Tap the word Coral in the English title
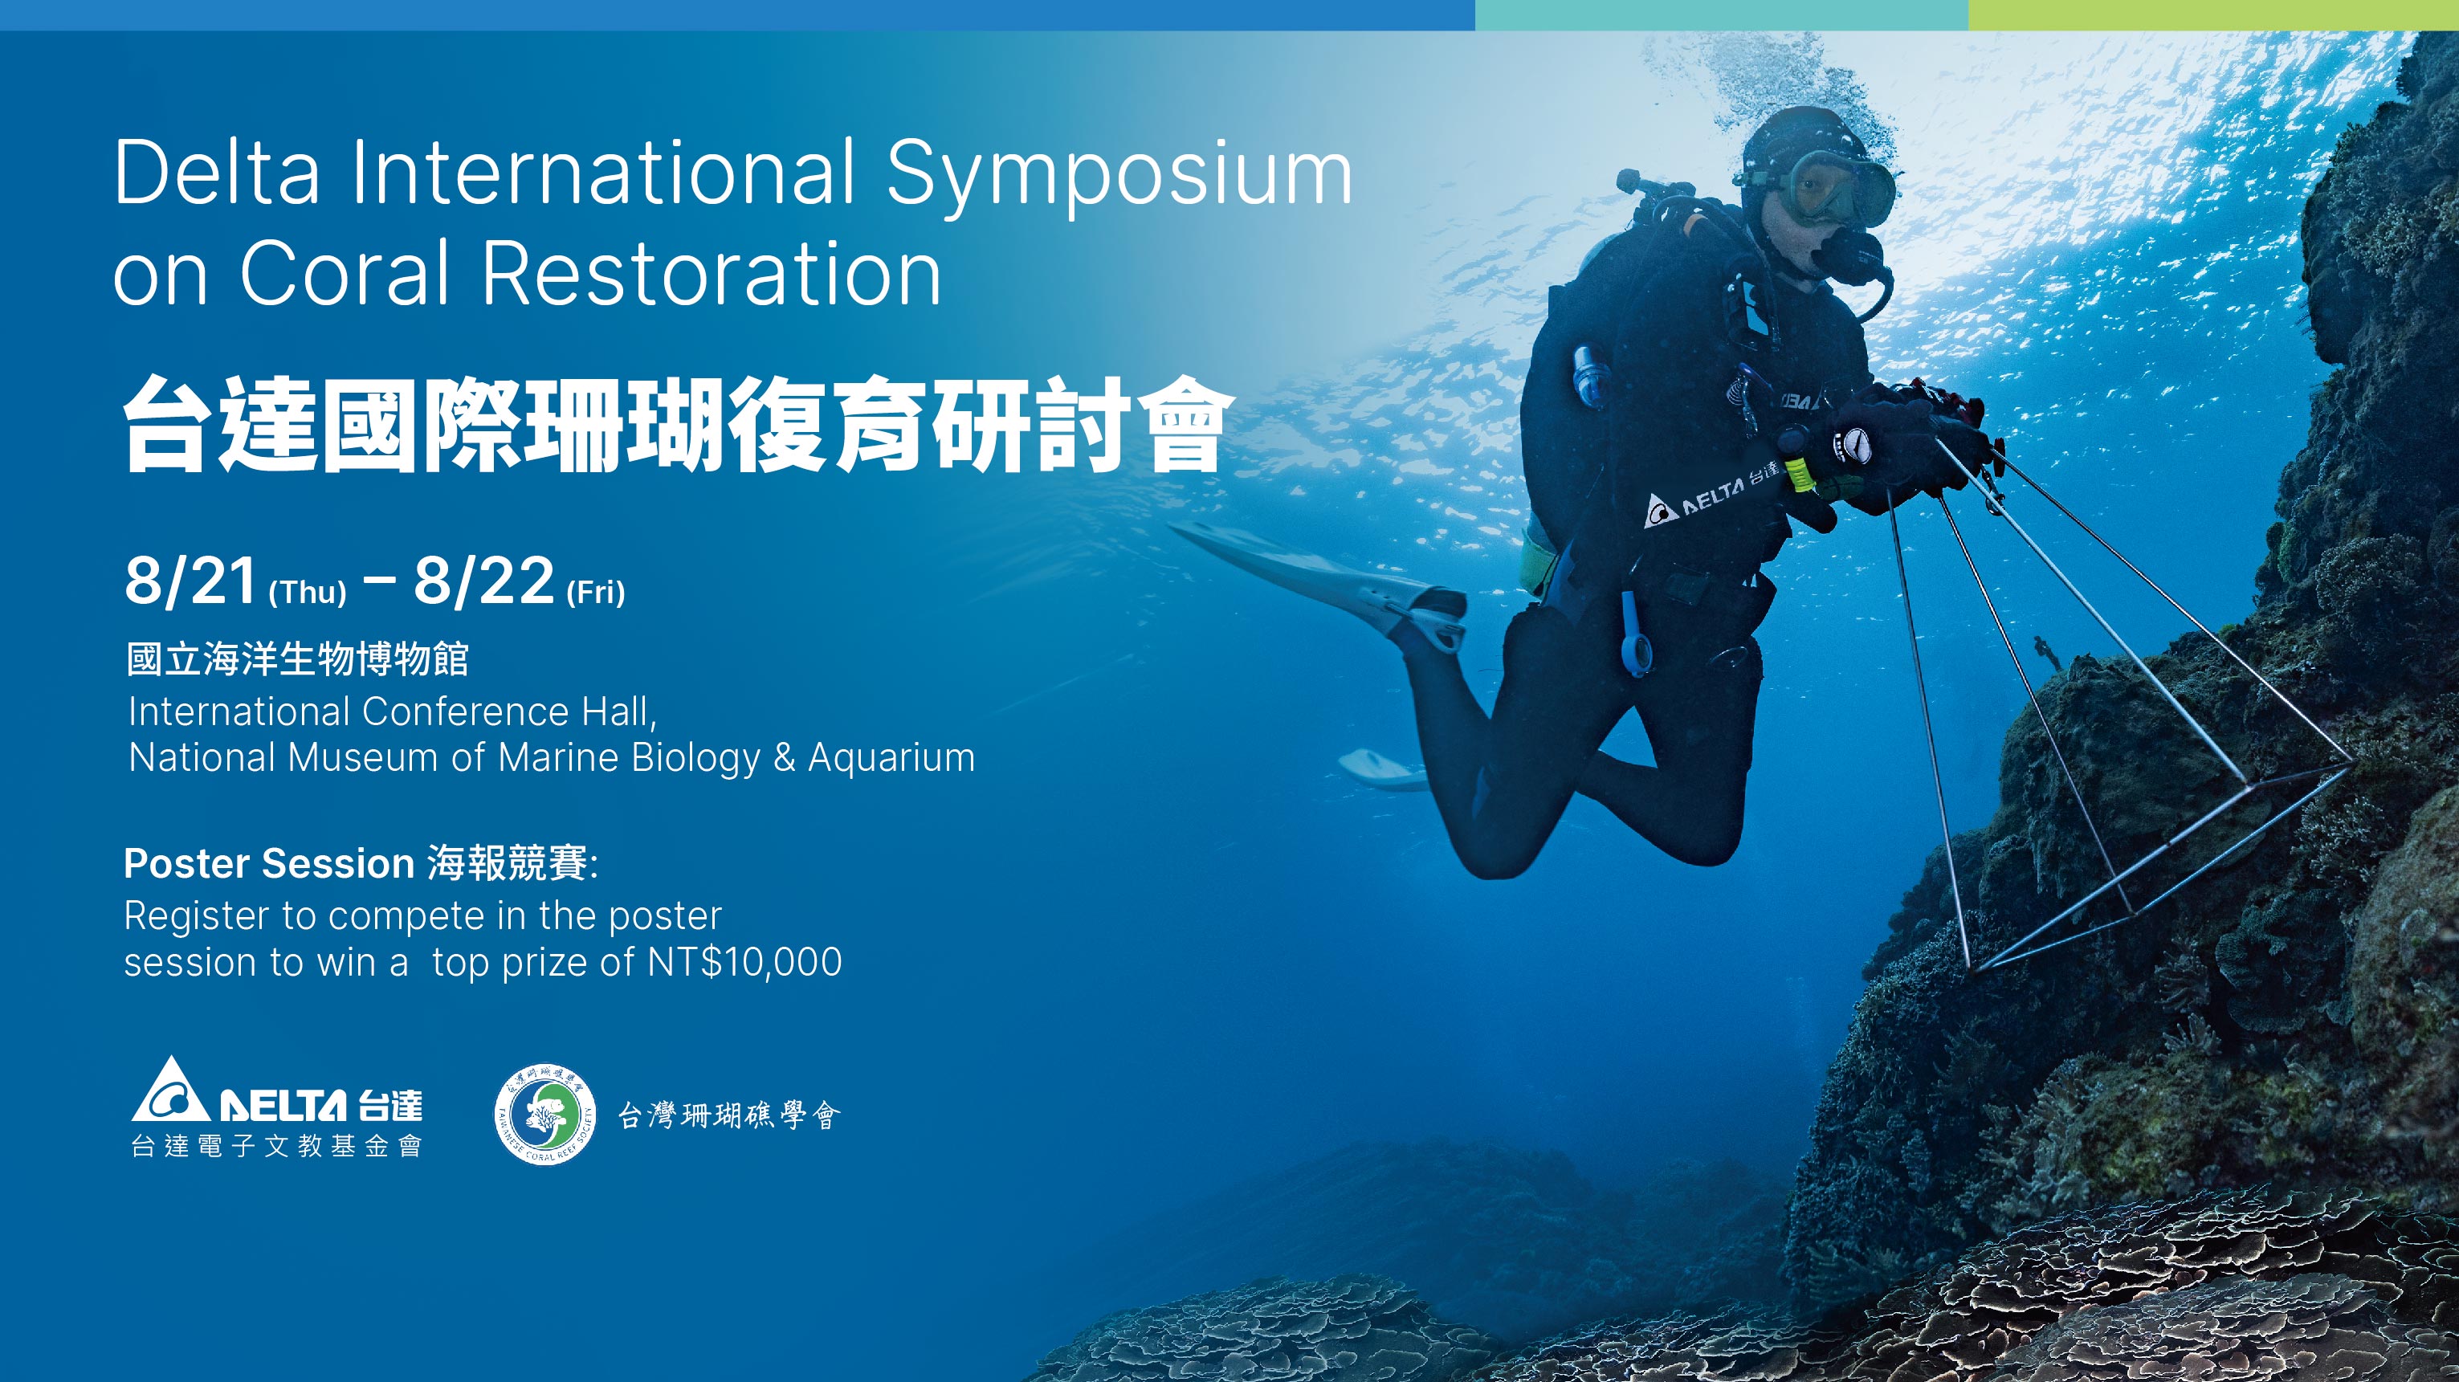coord(345,273)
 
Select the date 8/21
coord(191,581)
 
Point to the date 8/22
coord(484,581)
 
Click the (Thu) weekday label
coord(308,592)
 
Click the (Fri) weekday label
coord(596,592)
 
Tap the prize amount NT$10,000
coord(744,962)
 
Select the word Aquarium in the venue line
coord(891,758)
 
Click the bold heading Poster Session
coord(269,864)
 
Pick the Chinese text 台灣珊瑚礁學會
coord(729,1115)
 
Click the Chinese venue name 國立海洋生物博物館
coord(298,659)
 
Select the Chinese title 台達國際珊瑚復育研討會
coord(673,425)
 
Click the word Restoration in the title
coord(712,273)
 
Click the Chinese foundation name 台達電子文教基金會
coord(277,1145)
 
